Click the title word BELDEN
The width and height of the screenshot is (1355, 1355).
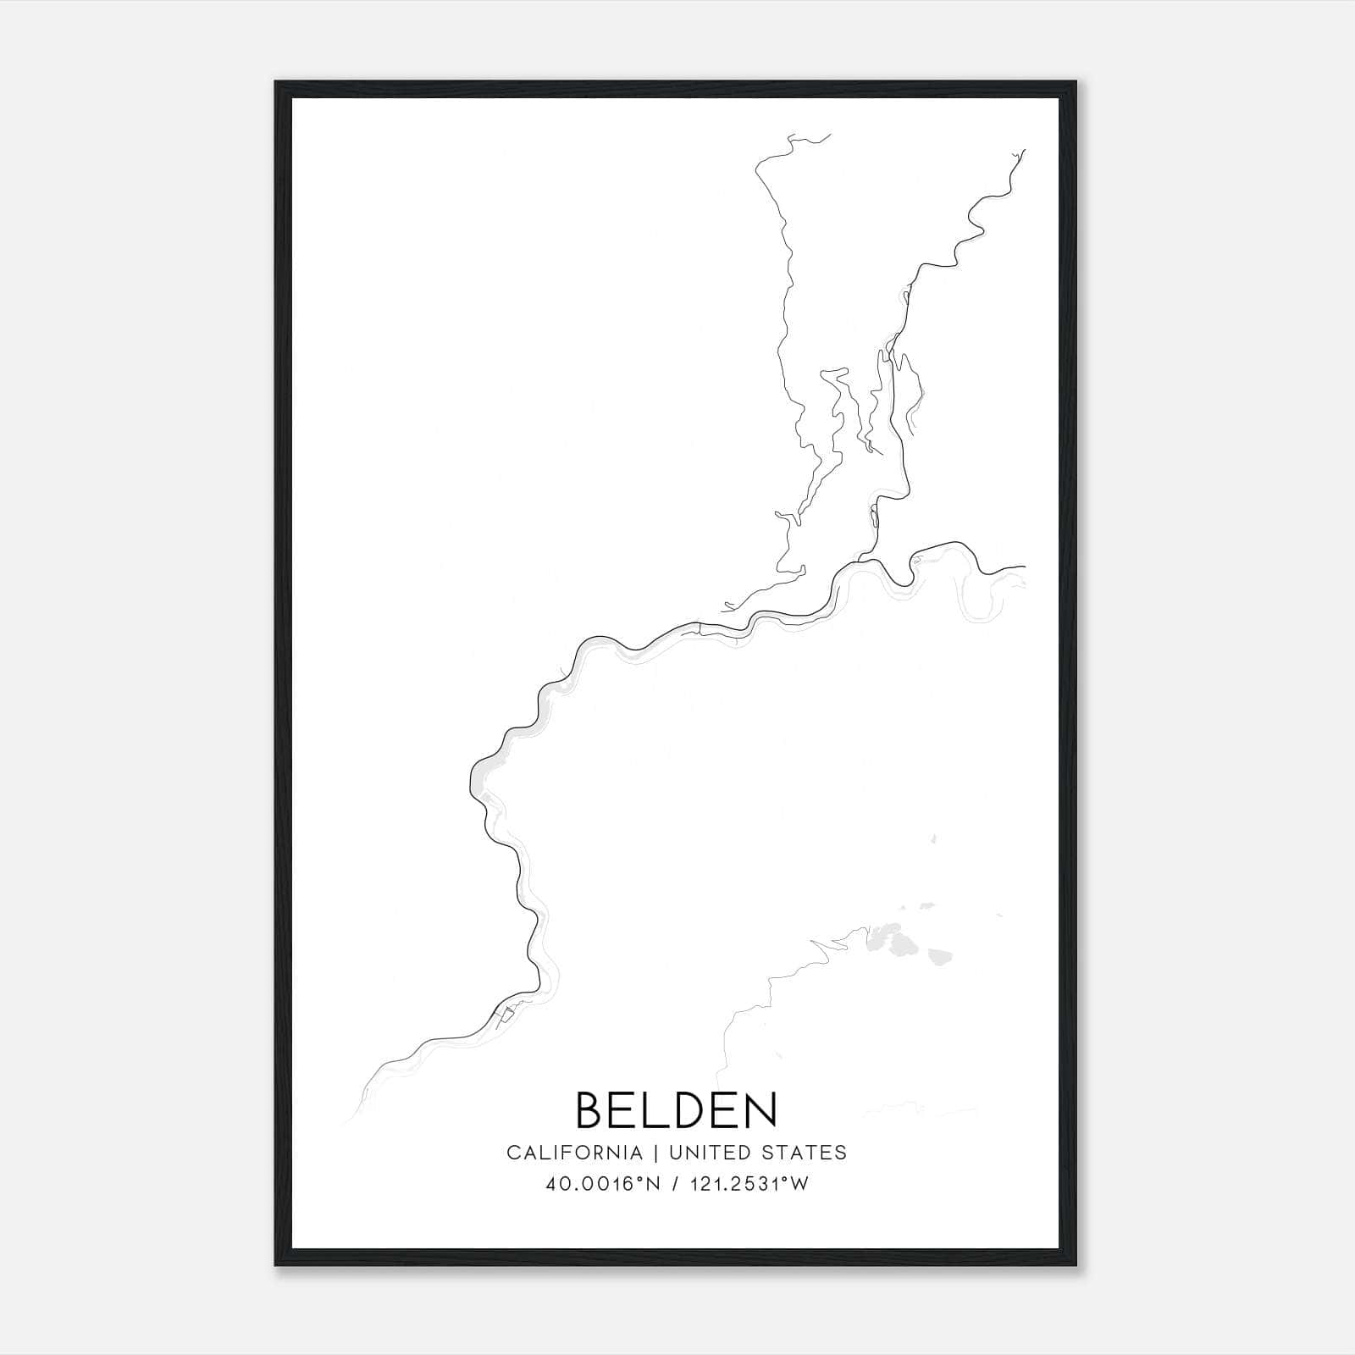pos(676,1109)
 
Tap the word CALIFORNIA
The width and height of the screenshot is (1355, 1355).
pos(574,1153)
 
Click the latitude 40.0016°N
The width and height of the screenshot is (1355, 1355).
pos(603,1185)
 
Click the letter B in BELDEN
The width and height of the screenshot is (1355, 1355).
pos(591,1109)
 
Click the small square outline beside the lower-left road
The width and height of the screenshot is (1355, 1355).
pos(506,1014)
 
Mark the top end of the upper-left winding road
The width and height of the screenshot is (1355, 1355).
pos(829,134)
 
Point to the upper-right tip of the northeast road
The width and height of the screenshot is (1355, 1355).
pos(1025,151)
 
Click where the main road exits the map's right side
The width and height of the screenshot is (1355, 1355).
pos(1024,566)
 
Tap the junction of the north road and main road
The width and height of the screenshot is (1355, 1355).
pos(861,561)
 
